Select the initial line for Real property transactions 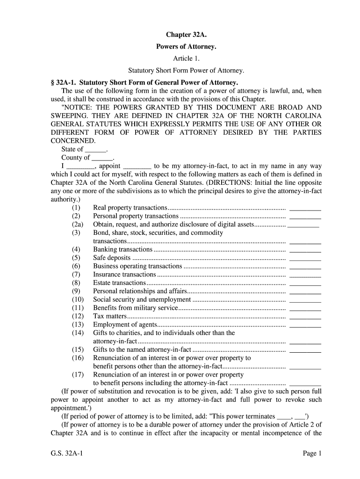click(x=305, y=208)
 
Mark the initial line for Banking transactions click(x=305, y=250)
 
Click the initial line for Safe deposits click(x=305, y=258)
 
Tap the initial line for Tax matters click(x=305, y=316)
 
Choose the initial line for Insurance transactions click(x=305, y=275)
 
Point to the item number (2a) click(x=78, y=225)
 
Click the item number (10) click(x=78, y=299)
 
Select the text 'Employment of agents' click(x=123, y=325)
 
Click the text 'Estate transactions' click(x=120, y=283)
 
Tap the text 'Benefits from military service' click(x=136, y=308)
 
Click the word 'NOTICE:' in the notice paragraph click(x=77, y=108)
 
